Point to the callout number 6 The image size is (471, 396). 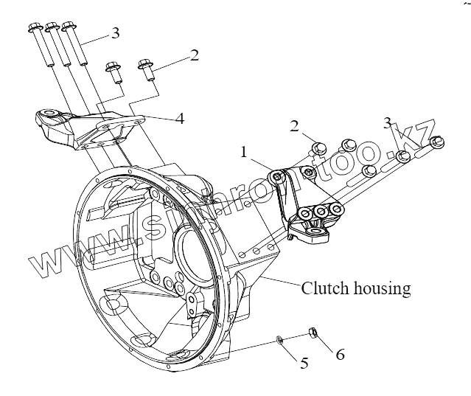coord(340,355)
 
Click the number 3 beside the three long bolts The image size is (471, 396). coord(116,33)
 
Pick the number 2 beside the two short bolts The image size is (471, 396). coord(195,55)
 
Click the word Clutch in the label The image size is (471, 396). coord(324,288)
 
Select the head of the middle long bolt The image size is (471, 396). coord(52,29)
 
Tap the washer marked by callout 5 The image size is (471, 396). coord(280,340)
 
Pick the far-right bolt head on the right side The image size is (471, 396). coord(437,142)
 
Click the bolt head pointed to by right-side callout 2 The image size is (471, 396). coord(319,147)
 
